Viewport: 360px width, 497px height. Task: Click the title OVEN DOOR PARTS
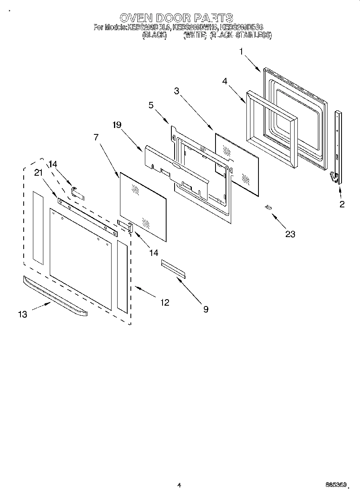(x=177, y=18)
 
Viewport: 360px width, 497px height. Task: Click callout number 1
(x=241, y=51)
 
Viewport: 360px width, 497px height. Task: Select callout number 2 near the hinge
(x=342, y=204)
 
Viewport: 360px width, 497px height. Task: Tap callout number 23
(x=290, y=234)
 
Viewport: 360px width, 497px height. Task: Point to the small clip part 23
(x=268, y=207)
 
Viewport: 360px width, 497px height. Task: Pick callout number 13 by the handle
(x=22, y=314)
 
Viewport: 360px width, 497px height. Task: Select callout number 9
(x=205, y=309)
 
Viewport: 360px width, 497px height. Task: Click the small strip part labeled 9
(x=173, y=268)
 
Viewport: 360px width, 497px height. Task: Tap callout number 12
(x=165, y=302)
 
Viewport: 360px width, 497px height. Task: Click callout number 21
(x=38, y=172)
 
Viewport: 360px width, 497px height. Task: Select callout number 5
(x=151, y=105)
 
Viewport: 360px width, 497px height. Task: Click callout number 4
(x=225, y=81)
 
